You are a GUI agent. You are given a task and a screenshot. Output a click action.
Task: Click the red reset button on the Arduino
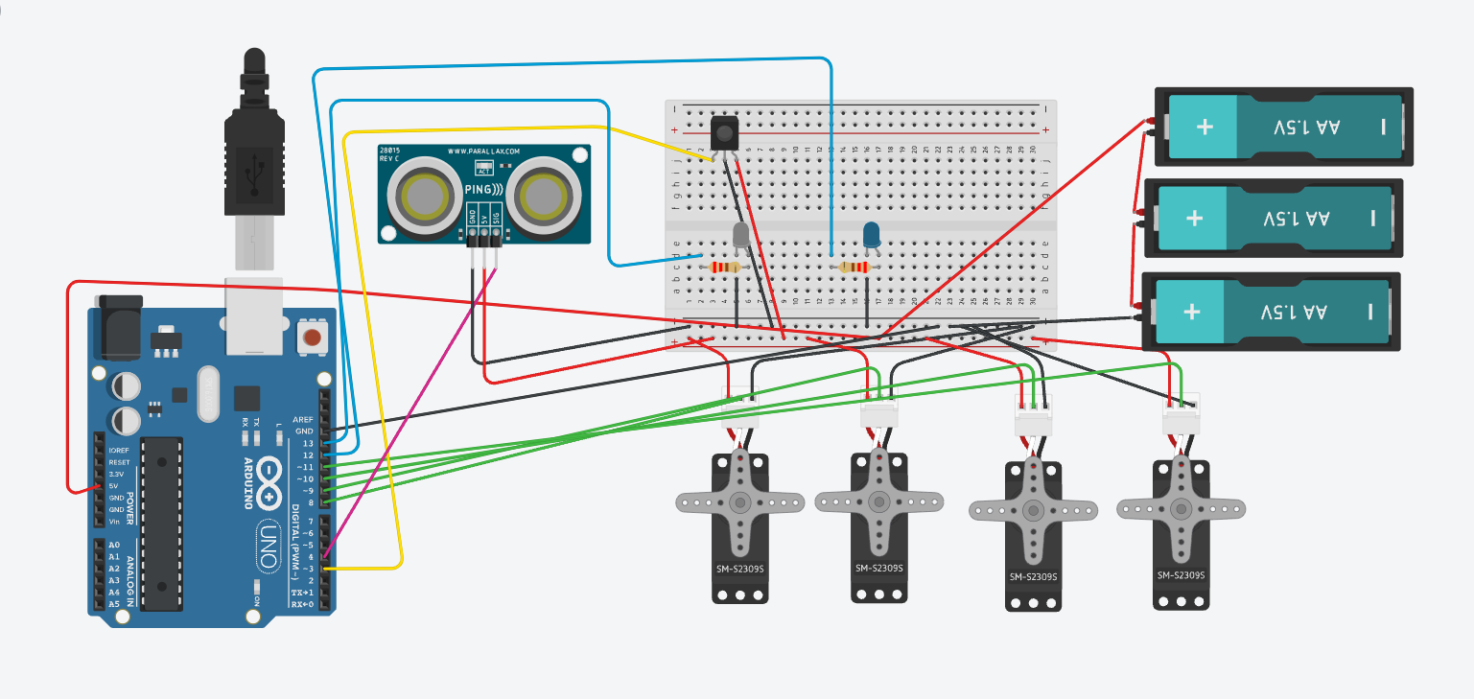312,337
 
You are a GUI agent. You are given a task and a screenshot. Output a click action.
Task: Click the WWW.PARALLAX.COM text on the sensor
483,151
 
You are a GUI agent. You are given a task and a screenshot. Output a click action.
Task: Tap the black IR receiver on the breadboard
726,131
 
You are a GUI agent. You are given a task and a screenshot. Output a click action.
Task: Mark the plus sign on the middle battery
1194,219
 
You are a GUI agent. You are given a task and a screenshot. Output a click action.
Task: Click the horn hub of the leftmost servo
739,501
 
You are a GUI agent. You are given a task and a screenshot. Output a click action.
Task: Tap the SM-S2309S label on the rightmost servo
1181,575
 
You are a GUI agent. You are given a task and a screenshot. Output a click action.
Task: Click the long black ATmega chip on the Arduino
160,523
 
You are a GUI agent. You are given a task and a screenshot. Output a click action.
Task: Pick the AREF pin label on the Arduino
304,420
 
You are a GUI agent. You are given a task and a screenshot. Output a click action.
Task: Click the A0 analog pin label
114,545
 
